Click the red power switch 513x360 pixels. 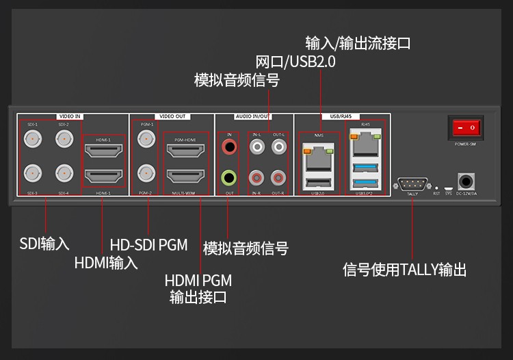(x=465, y=127)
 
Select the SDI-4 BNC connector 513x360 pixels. (x=64, y=173)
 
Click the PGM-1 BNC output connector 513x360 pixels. (x=146, y=140)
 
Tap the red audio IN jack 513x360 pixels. (x=229, y=146)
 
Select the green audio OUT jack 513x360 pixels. (x=229, y=178)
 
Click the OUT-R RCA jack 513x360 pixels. (x=278, y=179)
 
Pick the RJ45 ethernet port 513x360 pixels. (x=365, y=145)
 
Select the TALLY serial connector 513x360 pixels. (x=412, y=183)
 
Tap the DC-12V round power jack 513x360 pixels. (x=466, y=181)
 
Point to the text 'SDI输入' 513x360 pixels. (x=44, y=244)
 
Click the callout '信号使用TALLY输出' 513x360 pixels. (x=404, y=270)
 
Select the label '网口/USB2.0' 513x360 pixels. (x=295, y=62)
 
